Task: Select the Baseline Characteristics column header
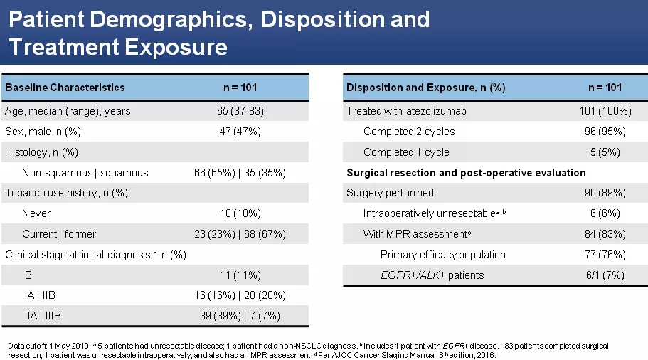65,88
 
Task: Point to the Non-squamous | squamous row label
85,173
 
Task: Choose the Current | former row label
59,234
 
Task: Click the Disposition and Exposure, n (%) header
425,88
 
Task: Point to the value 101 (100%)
605,111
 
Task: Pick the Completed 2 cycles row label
409,132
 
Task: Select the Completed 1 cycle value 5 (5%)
605,152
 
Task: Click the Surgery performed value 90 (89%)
605,193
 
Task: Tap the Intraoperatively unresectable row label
435,213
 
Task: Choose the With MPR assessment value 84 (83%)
605,234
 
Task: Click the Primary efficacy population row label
443,255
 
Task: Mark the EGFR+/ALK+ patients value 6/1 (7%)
605,275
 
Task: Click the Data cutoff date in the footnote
68,346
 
